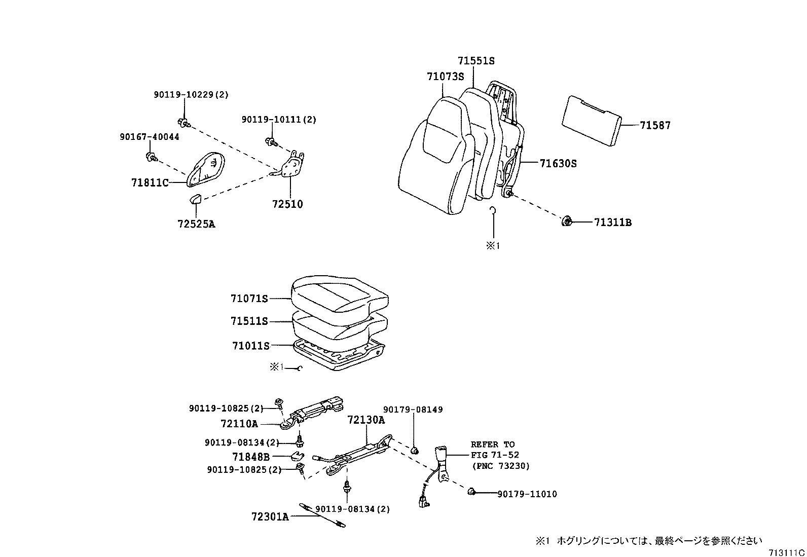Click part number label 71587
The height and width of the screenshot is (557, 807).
tap(654, 125)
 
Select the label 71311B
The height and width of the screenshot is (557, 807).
tap(612, 222)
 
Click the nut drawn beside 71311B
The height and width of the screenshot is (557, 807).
tap(567, 221)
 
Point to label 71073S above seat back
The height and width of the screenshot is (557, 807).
tap(445, 77)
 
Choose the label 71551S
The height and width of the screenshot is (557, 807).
tap(475, 60)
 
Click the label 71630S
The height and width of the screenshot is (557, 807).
tap(558, 163)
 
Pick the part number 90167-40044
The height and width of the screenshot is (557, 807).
tap(149, 137)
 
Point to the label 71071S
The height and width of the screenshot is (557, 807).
tap(249, 299)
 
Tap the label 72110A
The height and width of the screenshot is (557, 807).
tap(239, 423)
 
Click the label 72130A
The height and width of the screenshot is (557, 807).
tap(366, 420)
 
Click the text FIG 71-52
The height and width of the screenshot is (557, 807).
tap(494, 455)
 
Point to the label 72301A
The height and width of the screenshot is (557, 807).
tap(270, 516)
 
